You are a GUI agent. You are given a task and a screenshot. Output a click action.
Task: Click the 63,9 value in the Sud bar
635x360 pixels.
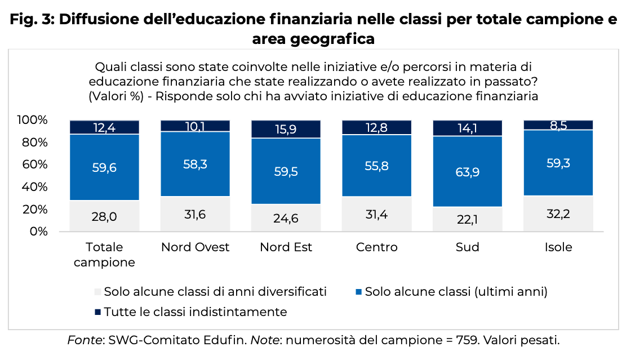pyautogui.click(x=468, y=172)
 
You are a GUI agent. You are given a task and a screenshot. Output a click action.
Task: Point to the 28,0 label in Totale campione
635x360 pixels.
pyautogui.click(x=105, y=216)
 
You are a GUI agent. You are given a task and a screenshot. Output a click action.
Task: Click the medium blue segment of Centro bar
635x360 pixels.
pyautogui.click(x=377, y=166)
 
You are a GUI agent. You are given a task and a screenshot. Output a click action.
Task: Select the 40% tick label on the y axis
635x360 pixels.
pyautogui.click(x=35, y=187)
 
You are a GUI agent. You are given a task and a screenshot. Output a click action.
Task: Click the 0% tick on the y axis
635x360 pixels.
pyautogui.click(x=38, y=232)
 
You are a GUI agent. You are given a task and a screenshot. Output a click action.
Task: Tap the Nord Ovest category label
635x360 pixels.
pyautogui.click(x=196, y=247)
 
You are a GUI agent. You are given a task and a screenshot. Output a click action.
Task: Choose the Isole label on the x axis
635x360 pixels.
pyautogui.click(x=558, y=247)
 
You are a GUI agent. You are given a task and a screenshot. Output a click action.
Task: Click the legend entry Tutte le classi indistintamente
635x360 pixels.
pyautogui.click(x=196, y=312)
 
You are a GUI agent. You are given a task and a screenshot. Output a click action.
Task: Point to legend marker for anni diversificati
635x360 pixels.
pyautogui.click(x=97, y=292)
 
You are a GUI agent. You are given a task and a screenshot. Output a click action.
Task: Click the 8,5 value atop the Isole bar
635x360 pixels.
pyautogui.click(x=558, y=125)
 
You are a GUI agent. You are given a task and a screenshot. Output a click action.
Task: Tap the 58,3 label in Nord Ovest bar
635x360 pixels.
pyautogui.click(x=196, y=165)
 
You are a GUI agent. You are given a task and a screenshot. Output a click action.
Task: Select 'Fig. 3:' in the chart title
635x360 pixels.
pyautogui.click(x=31, y=20)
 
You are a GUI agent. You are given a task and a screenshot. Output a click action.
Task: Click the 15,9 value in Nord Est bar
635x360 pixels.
pyautogui.click(x=286, y=129)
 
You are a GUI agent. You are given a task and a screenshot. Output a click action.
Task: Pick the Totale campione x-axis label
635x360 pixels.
pyautogui.click(x=105, y=255)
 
